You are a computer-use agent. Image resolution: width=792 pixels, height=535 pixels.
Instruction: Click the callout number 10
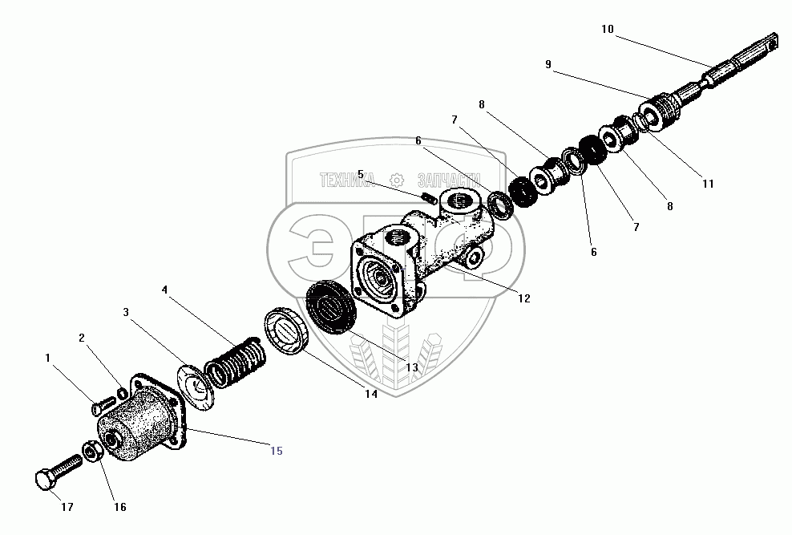pyautogui.click(x=607, y=30)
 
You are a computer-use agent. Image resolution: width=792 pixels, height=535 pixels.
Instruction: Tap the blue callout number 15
pyautogui.click(x=276, y=451)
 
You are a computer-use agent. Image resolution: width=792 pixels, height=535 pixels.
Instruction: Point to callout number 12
pyautogui.click(x=523, y=298)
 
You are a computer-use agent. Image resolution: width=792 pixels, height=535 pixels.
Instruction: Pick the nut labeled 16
pyautogui.click(x=91, y=452)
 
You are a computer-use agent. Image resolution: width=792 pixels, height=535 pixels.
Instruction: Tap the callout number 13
pyautogui.click(x=411, y=367)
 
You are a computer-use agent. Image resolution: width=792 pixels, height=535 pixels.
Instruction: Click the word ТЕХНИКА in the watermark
pyautogui.click(x=347, y=180)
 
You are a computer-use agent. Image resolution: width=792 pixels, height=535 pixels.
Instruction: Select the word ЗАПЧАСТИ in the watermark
pyautogui.click(x=448, y=180)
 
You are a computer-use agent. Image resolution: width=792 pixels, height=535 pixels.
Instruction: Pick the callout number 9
pyautogui.click(x=548, y=64)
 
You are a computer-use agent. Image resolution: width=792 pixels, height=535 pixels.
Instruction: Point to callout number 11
pyautogui.click(x=707, y=184)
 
